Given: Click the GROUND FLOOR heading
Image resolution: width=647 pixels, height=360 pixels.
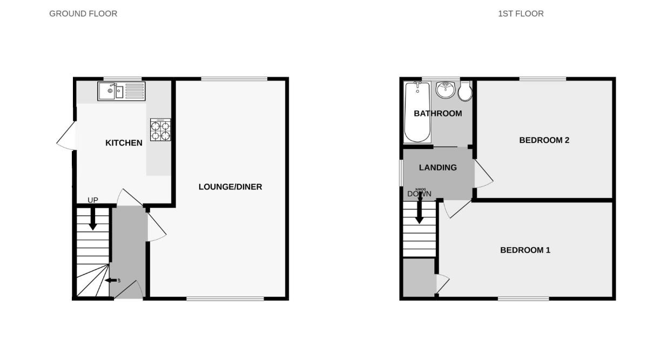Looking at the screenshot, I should point(83,13).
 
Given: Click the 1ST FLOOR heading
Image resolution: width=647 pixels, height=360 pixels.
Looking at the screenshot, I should point(521,13).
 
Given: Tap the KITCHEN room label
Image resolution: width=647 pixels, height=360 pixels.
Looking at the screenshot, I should point(124,143).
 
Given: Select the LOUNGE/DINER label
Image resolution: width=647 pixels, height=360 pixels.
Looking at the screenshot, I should point(230,187).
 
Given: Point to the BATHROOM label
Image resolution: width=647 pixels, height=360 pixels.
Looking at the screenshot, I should point(437,113).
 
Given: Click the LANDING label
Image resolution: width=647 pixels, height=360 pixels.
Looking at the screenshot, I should point(437,167).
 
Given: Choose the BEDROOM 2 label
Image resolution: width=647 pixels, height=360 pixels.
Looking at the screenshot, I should point(544,140).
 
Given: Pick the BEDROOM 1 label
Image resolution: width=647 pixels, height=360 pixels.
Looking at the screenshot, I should point(525,250).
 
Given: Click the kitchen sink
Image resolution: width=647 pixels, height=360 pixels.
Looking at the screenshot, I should point(121,91).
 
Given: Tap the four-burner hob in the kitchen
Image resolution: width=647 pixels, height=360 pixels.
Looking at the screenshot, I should point(160,130).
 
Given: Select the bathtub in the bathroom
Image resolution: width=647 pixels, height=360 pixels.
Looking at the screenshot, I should point(417,112).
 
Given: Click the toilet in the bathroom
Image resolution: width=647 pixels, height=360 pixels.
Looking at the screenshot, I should point(464,92).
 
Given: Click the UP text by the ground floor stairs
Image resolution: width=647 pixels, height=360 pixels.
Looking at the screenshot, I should point(93,200).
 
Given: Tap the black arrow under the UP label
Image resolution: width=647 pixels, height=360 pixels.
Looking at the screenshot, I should point(93,219).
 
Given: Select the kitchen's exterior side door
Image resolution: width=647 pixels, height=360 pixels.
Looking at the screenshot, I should point(66,137).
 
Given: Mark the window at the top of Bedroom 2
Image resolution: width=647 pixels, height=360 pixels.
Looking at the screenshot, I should point(543,79).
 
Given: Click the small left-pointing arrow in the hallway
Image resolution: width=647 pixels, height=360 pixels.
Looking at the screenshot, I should point(112,280).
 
